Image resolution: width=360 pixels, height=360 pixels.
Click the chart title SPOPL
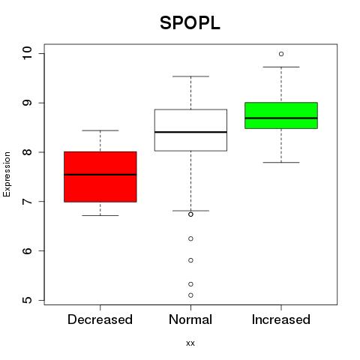coord(190,23)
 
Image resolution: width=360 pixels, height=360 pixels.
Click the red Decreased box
coord(100,177)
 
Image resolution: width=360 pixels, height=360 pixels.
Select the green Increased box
coord(281,115)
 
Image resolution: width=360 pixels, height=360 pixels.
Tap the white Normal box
coord(190,130)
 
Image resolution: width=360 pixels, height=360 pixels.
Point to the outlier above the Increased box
coord(281,54)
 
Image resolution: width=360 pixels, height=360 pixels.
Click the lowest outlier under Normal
coord(190,295)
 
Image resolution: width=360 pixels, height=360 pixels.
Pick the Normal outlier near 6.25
coord(190,238)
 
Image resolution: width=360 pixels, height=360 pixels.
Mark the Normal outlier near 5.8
coord(190,260)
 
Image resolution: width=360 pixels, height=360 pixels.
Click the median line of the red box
coord(100,175)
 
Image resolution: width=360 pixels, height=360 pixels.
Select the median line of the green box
coord(281,118)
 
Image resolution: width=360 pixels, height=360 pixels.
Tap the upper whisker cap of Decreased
coord(100,130)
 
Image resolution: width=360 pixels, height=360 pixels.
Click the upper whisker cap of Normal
coord(190,76)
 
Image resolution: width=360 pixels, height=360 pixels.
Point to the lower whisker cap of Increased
coord(281,163)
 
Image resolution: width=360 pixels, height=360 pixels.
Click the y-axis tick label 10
coord(27,53)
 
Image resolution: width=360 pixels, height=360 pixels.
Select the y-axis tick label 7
coord(27,202)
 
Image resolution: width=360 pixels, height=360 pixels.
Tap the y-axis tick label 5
coord(27,300)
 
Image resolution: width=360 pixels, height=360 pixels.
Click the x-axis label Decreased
coord(100,319)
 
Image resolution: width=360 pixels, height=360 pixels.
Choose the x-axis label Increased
coord(281,319)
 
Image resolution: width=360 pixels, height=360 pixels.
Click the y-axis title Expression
coord(7,174)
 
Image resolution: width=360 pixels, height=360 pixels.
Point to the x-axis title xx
coord(190,343)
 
